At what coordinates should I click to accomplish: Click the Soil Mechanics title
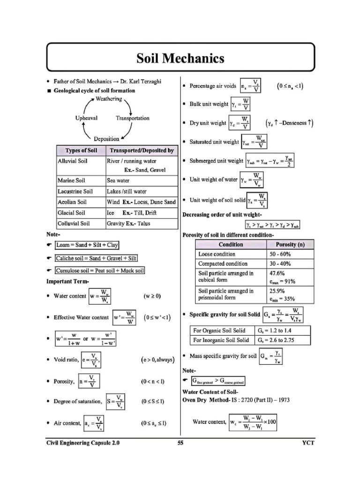tap(180, 59)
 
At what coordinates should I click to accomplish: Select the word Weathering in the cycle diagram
tap(108, 99)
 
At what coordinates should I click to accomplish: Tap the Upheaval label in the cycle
tap(86, 118)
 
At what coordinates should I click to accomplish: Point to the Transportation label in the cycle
tap(133, 118)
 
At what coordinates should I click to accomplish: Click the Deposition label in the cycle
tap(106, 139)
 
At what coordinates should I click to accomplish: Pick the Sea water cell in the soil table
tap(118, 180)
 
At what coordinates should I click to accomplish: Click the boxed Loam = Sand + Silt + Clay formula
tap(87, 245)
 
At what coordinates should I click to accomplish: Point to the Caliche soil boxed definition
tap(96, 258)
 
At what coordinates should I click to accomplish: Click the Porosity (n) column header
tap(290, 245)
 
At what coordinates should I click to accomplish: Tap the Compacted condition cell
tap(223, 264)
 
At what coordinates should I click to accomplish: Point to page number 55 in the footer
tap(180, 442)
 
